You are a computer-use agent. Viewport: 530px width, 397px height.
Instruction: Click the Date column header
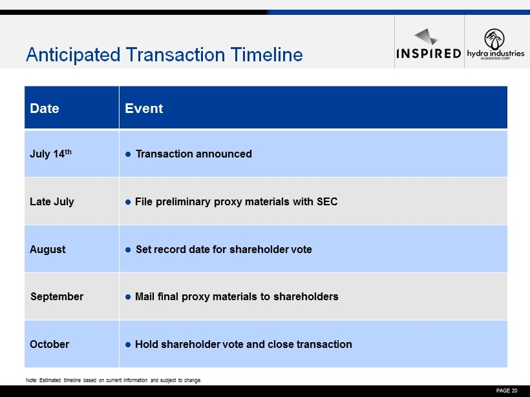pos(45,108)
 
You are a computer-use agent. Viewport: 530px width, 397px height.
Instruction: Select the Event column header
pos(144,108)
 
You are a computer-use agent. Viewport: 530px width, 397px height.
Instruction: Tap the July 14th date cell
pos(50,154)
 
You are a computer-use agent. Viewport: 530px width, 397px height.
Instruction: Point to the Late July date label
pos(52,201)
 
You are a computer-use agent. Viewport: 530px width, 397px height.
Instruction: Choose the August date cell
pos(48,249)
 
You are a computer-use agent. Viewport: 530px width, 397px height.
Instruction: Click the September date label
pos(57,296)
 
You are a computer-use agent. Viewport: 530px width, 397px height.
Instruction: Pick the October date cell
pos(49,344)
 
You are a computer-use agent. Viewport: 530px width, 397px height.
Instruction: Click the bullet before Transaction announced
pos(128,154)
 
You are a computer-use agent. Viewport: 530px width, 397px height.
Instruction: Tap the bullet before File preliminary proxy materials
pos(128,202)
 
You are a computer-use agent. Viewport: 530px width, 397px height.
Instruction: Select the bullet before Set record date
pos(128,250)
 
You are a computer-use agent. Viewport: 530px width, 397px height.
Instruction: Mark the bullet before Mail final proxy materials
pos(128,297)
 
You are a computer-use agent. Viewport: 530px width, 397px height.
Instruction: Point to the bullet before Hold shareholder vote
pos(128,345)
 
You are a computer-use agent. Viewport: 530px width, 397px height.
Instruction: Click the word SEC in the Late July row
pos(327,201)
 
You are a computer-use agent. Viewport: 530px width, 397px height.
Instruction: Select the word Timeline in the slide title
pos(267,54)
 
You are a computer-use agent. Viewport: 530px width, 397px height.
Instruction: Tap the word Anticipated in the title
pos(73,55)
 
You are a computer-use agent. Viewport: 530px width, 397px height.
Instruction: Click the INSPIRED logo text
pos(429,54)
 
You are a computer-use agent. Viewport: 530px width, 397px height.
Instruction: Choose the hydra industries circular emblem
pos(494,39)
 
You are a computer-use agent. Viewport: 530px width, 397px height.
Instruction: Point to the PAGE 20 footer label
pos(507,391)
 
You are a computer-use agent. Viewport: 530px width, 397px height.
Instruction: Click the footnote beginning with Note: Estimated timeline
pos(114,380)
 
